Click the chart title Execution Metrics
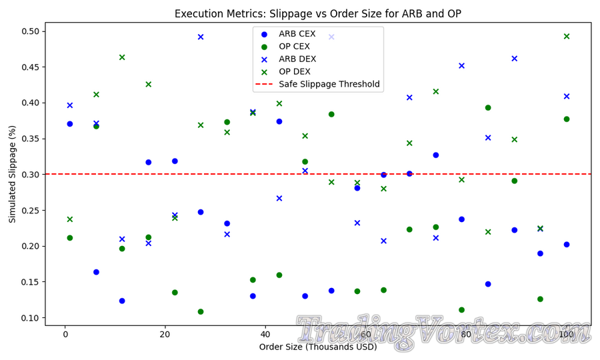coord(318,14)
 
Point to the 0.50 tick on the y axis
coord(30,31)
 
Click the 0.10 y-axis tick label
coord(30,318)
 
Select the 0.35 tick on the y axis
coord(30,139)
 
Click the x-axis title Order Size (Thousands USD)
coord(318,347)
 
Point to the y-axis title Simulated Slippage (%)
coord(12,174)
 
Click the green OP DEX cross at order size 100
coord(567,37)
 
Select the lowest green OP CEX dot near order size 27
coord(201,311)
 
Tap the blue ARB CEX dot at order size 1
coord(70,124)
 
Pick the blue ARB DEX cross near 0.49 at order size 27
coord(201,37)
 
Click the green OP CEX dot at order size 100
coord(567,119)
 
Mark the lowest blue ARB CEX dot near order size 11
coord(122,301)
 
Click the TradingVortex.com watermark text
coord(443,331)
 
